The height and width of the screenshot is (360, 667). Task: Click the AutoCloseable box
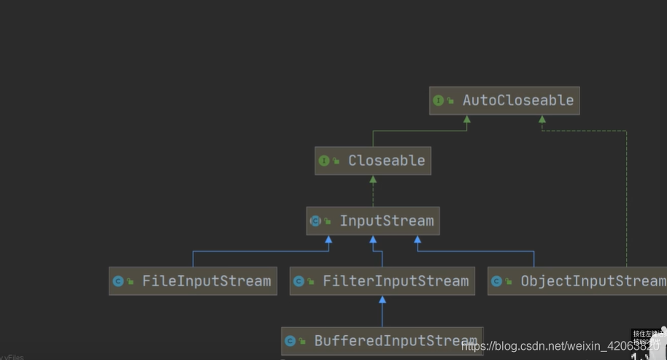pos(504,101)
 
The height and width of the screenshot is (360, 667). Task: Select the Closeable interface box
pos(373,161)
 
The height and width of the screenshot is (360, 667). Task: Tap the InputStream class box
pos(373,221)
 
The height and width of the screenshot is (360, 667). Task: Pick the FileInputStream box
pos(193,281)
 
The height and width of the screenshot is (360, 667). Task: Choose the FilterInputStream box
pos(382,281)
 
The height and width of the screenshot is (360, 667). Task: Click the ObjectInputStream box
pos(577,281)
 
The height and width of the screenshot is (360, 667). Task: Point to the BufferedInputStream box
pos(382,341)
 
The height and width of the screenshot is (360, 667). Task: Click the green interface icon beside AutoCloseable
pos(438,101)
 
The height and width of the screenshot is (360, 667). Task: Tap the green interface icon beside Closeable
pos(324,161)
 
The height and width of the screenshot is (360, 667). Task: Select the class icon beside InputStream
pos(315,221)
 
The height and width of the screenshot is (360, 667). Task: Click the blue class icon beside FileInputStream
pos(118,281)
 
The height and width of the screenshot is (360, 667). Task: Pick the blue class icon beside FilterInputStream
pos(299,281)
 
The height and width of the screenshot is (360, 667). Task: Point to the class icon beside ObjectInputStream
pos(497,281)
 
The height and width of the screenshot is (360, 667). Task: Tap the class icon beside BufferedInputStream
pos(290,341)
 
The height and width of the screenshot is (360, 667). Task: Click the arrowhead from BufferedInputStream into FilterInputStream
pos(382,299)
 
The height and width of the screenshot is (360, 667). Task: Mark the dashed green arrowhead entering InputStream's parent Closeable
pos(373,180)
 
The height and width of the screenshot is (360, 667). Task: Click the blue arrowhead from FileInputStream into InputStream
pos(328,240)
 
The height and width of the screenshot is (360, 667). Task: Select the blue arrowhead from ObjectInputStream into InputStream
pos(417,240)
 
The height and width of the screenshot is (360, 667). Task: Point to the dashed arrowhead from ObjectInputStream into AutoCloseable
pos(541,120)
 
